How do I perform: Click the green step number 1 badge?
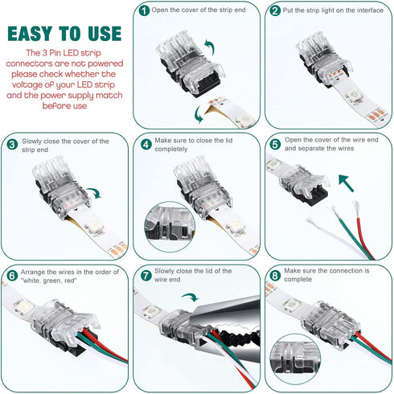[143, 11]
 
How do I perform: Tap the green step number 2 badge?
[275, 11]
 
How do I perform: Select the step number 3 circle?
[12, 145]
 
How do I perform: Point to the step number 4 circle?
[146, 145]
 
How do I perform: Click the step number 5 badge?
[275, 145]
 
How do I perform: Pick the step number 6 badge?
[12, 275]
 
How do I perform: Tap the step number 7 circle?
[146, 275]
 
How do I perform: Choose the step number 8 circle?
[275, 275]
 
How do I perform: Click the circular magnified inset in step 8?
[298, 354]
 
